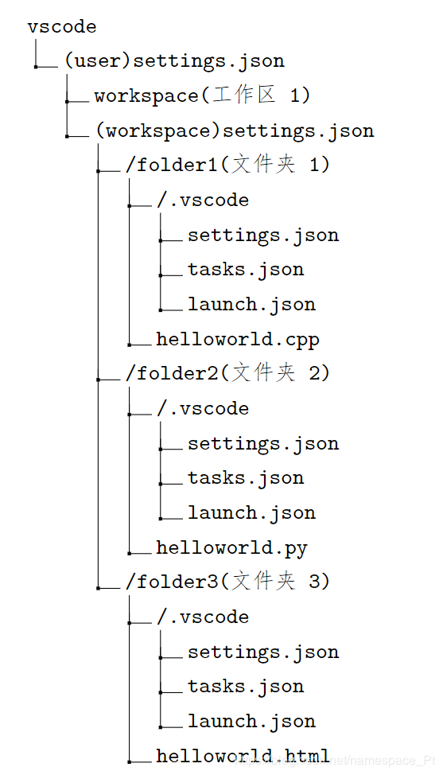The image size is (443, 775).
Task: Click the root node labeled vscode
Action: pos(61,27)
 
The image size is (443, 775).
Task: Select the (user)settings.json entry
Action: pos(174,61)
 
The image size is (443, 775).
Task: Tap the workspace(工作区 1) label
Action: pos(202,96)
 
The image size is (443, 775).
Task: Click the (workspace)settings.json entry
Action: pos(234,130)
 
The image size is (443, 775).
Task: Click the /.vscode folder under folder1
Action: pos(203,201)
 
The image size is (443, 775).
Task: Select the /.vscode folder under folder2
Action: pos(203,409)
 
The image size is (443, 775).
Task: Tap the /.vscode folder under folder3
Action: pos(203,617)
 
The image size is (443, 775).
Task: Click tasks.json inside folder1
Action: pos(246,270)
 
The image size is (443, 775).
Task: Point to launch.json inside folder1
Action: pos(251,305)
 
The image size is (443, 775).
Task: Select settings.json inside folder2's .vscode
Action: pos(263,444)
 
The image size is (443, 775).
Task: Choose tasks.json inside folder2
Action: pos(246,478)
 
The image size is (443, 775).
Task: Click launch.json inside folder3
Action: pos(251,722)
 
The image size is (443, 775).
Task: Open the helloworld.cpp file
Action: pos(238,340)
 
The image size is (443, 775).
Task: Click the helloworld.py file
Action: pos(231,548)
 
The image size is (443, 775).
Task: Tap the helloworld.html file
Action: pos(243,756)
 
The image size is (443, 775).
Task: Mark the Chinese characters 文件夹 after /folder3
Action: pos(263,582)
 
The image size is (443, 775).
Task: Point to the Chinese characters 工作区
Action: pos(244,95)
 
